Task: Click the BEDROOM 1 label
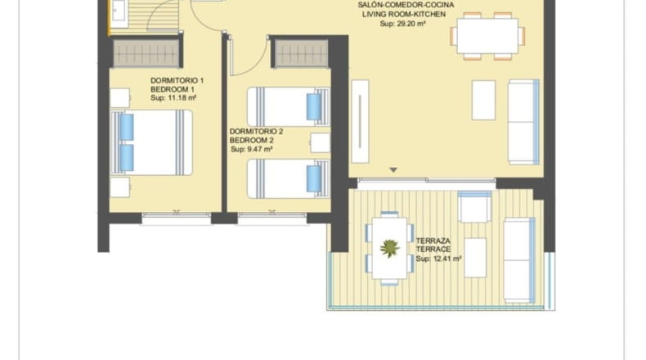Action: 173,89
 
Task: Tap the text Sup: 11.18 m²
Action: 173,98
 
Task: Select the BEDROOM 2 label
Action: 252,140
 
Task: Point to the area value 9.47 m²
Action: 259,149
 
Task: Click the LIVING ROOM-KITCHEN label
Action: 404,15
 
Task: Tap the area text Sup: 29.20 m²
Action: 402,24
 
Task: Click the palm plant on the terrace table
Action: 390,248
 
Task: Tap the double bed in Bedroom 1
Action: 151,142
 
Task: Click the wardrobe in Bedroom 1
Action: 146,53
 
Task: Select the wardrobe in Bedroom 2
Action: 302,53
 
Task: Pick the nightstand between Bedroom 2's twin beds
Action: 320,142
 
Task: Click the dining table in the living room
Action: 487,36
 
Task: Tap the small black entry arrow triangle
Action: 393,170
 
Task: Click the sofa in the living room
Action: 523,122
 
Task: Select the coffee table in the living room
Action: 483,100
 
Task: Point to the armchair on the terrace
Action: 474,207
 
